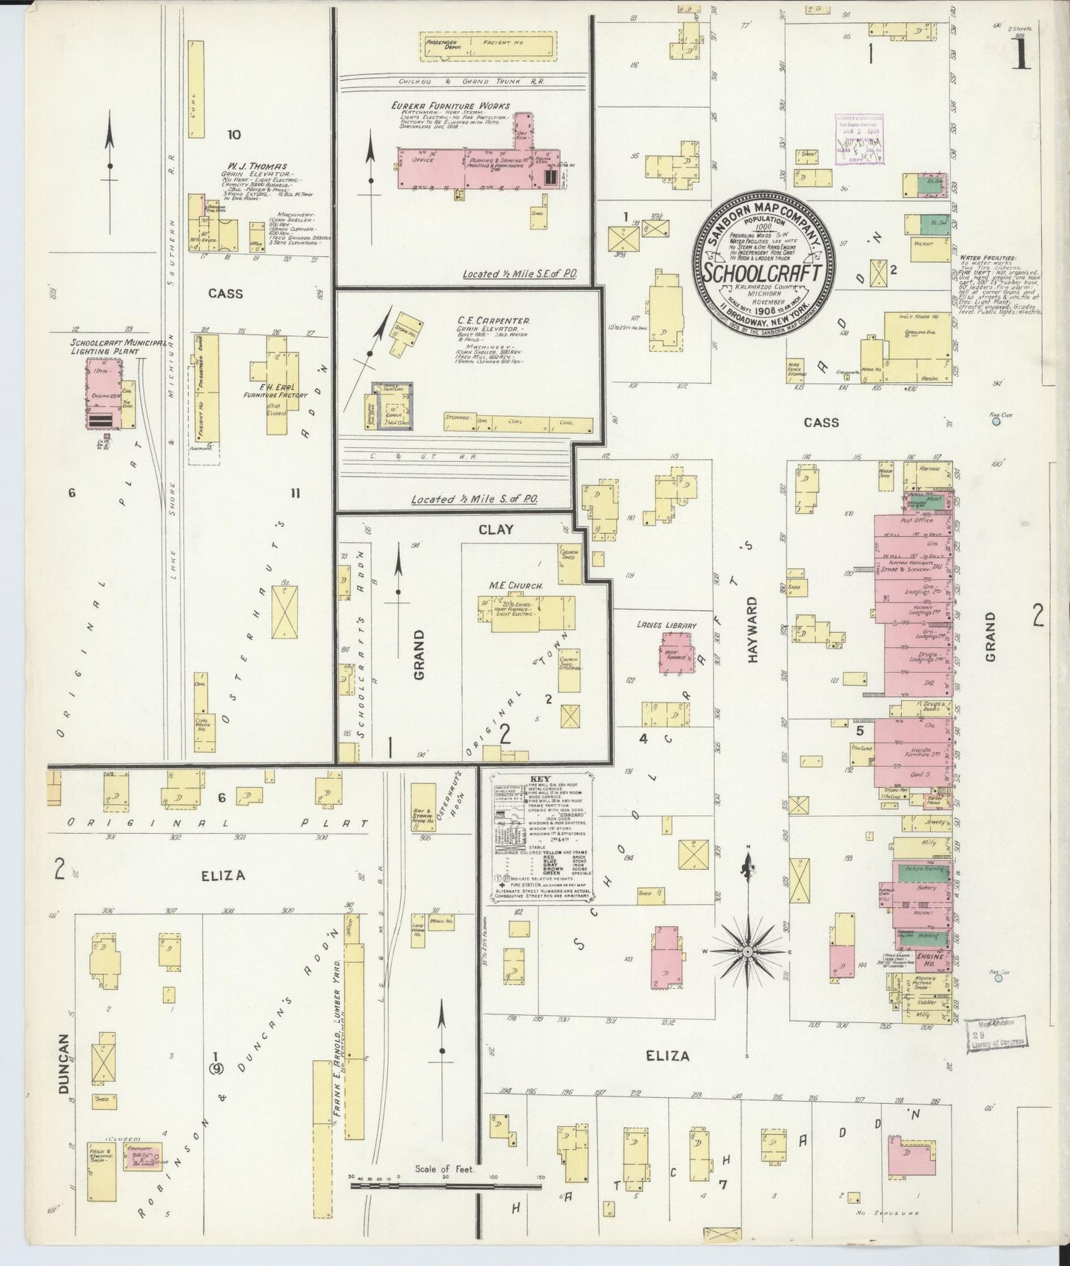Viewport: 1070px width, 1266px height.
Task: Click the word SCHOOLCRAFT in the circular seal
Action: click(763, 272)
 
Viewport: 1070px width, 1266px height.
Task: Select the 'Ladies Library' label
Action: click(666, 626)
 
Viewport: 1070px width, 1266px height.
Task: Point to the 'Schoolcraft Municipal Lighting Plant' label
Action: click(105, 347)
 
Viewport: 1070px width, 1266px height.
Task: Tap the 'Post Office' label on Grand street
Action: click(917, 520)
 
